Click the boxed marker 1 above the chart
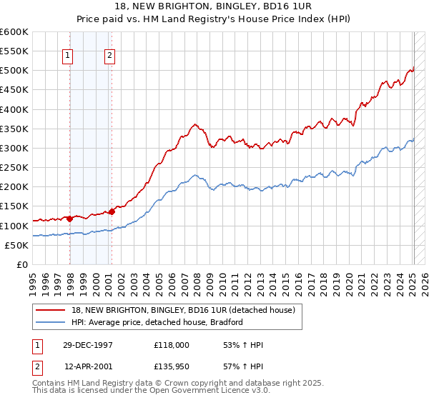66,56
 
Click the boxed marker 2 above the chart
109,56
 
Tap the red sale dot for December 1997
70,219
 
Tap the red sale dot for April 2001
112,211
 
